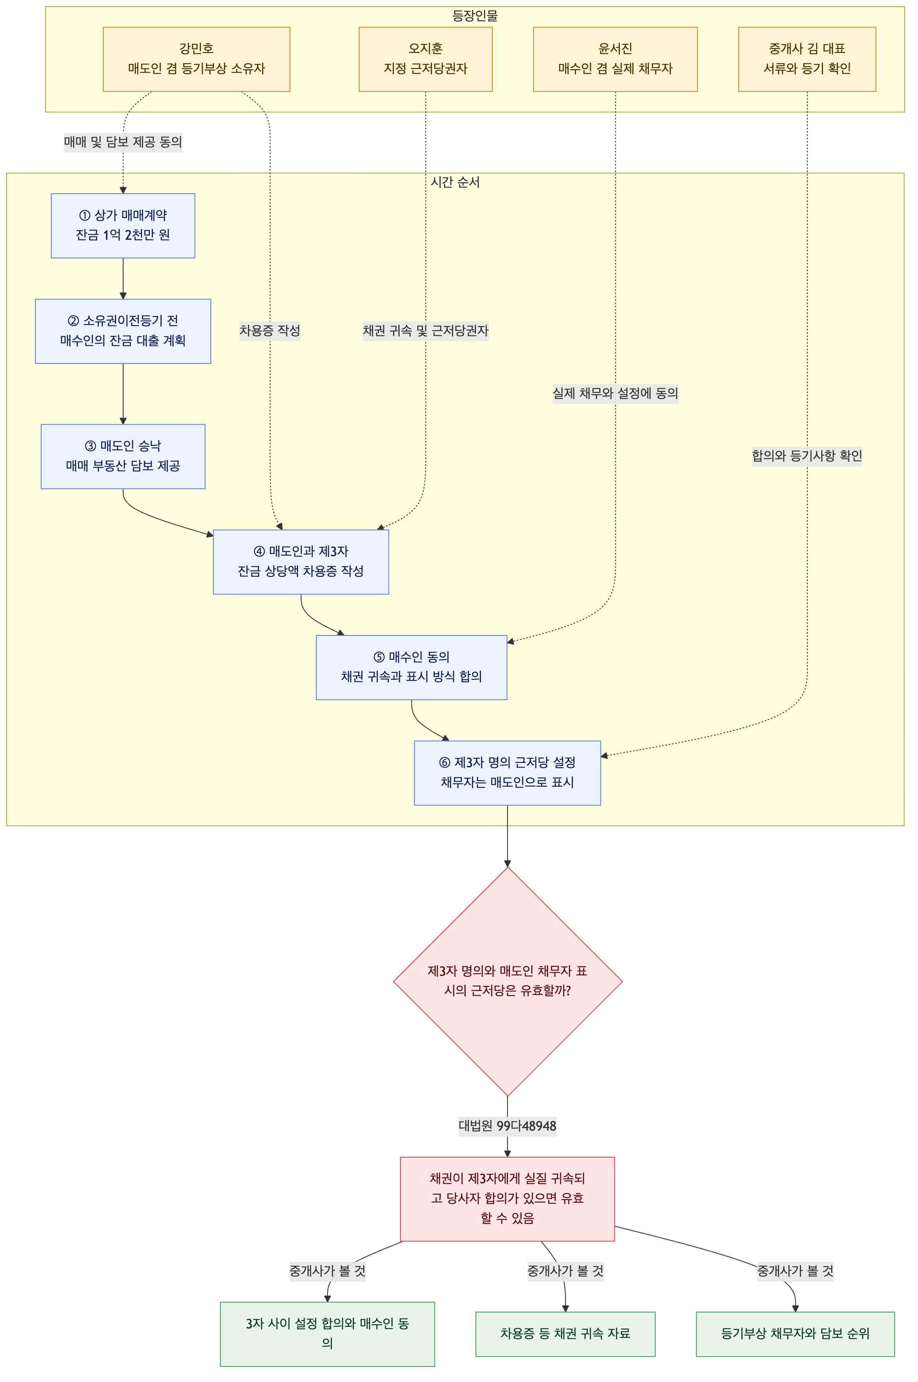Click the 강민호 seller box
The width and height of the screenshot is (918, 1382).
pos(196,59)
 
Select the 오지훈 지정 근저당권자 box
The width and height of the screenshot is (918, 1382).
pos(426,59)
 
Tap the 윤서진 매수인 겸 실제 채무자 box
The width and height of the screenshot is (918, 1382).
pos(615,59)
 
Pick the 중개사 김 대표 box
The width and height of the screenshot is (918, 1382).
pos(807,59)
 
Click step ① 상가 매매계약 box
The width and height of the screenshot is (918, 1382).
pos(123,226)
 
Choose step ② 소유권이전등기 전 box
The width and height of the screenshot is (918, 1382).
pos(123,331)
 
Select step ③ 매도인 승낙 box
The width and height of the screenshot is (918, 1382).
pos(123,456)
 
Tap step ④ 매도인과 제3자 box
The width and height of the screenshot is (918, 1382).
pos(301,562)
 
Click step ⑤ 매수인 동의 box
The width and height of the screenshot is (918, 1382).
pos(412,667)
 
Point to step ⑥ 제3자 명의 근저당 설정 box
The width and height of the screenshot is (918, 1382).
pos(508,772)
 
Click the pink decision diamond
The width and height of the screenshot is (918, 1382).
pos(508,981)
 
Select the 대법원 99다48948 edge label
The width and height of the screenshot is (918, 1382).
pos(508,1126)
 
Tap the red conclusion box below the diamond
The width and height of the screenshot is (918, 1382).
pos(508,1199)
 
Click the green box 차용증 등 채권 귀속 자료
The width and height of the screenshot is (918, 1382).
pos(566,1334)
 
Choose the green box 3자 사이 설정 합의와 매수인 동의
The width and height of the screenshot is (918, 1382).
pos(327,1334)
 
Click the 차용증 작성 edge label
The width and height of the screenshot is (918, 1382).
pos(270,331)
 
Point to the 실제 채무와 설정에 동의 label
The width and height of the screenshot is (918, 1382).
pos(615,393)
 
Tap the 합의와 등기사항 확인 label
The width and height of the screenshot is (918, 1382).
pos(807,455)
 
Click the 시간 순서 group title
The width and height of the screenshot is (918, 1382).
pos(456,182)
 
